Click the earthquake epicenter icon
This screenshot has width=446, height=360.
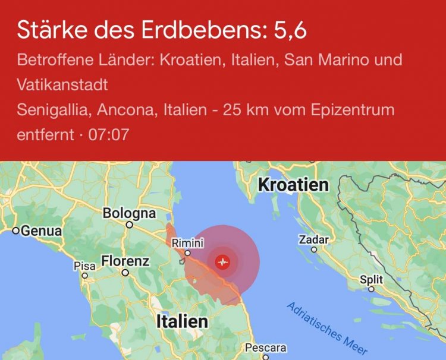coord(223,261)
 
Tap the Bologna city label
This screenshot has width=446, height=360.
coord(129,213)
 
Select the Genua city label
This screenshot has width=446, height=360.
coord(41,230)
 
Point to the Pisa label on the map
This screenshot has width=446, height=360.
coord(84,266)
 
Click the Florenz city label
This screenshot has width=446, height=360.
coord(125,261)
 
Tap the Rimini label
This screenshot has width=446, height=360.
coord(187,243)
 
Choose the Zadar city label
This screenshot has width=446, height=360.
coord(315,240)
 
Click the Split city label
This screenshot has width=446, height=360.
coord(372,280)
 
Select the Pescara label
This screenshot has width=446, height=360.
coord(265,348)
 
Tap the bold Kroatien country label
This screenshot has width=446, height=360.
coord(293,185)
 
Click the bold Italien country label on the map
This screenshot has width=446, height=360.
coord(182,321)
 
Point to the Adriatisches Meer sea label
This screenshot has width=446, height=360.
coord(326,327)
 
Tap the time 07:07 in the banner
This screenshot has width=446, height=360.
coord(108,134)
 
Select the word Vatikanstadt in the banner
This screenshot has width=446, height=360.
coord(62,85)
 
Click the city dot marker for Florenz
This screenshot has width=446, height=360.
coord(125,273)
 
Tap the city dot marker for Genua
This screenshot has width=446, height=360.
coord(16,230)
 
